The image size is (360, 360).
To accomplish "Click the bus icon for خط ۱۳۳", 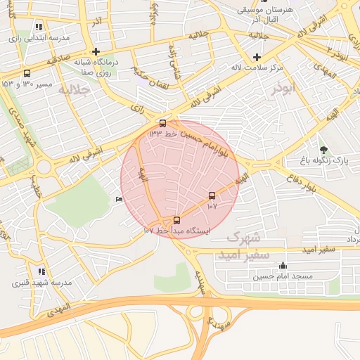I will [x=163, y=123].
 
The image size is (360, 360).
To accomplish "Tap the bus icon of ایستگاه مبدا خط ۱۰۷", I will [x=176, y=219].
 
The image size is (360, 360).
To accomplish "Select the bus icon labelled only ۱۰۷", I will [x=212, y=195].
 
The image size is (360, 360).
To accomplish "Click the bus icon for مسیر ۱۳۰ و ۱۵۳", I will [x=27, y=73].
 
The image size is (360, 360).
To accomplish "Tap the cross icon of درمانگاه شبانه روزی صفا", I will [x=96, y=51].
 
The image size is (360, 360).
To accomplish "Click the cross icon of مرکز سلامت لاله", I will [x=257, y=57].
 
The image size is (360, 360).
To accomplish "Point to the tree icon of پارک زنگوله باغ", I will [x=323, y=149].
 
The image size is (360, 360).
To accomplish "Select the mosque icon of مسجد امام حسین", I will [x=283, y=266].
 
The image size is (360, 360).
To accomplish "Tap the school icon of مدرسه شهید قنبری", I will [x=41, y=271].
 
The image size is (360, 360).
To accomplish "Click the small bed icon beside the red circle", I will [x=118, y=200].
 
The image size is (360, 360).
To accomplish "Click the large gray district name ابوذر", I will [x=285, y=91].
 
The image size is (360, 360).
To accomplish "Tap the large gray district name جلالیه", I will [x=75, y=89].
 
